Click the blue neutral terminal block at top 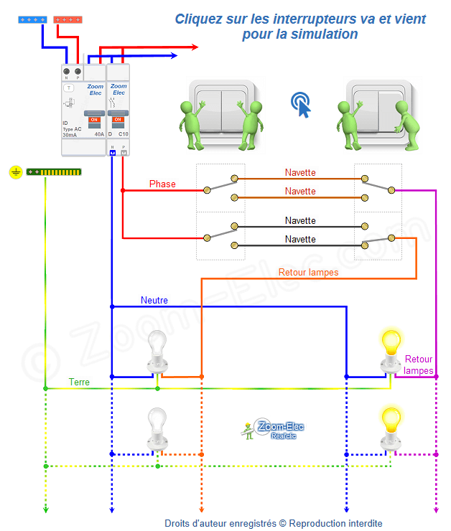(32, 21)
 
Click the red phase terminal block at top (68, 21)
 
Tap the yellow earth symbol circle (16, 172)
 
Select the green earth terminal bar (54, 172)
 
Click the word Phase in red (162, 184)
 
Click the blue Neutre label (154, 300)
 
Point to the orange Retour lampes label (308, 273)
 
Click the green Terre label (79, 382)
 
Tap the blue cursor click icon (303, 105)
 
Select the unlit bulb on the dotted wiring (157, 428)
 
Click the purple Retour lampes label (419, 365)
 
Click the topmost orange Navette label (300, 173)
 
